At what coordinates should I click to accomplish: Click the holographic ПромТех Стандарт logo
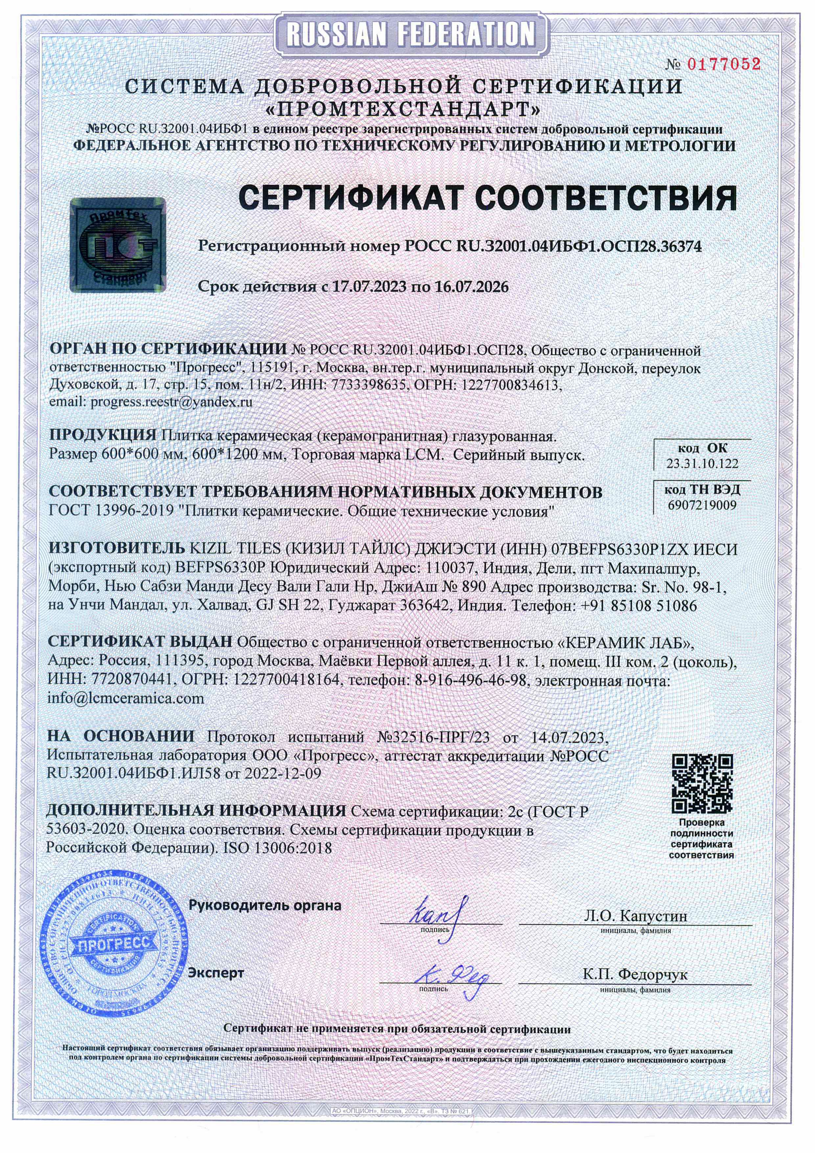[118, 244]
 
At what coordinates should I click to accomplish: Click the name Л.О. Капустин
[635, 915]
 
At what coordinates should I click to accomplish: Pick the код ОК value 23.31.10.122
[702, 463]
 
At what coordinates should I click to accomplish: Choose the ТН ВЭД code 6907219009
[702, 505]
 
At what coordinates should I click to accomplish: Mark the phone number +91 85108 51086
[639, 606]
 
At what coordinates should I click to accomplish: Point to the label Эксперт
[216, 973]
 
